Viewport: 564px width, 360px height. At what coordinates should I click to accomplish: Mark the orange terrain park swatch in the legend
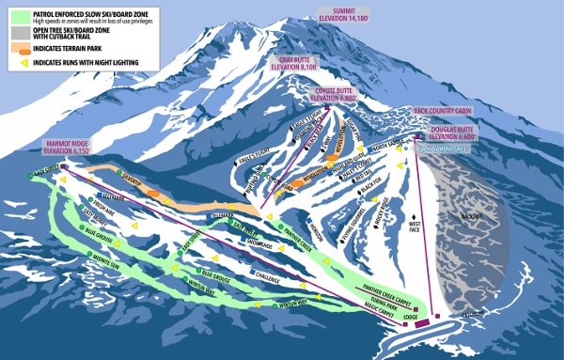[x=18, y=46]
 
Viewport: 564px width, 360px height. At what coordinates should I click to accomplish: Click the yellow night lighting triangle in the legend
[x=18, y=62]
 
